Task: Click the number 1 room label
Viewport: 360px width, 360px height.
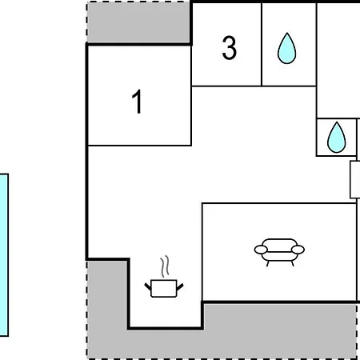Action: [x=137, y=102]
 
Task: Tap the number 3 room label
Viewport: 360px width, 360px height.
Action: [x=230, y=48]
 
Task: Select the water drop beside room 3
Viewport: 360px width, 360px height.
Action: [x=286, y=49]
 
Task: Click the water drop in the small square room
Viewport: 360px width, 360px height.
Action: [x=337, y=138]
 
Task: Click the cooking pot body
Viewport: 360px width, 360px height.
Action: [x=164, y=288]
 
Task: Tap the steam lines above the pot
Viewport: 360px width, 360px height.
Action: [x=166, y=266]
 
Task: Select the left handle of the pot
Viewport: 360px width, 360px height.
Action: [x=148, y=287]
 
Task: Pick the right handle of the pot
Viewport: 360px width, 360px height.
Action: [x=180, y=287]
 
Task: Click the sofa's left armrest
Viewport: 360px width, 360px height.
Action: [x=261, y=250]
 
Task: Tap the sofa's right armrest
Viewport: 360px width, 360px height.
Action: [x=298, y=250]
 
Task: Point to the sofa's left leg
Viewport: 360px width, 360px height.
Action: [x=267, y=263]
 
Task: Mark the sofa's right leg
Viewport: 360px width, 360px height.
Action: [x=292, y=263]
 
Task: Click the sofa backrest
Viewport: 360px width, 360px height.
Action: [x=279, y=245]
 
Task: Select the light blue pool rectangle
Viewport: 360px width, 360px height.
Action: [x=4, y=255]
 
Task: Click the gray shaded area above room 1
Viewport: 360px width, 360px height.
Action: [x=138, y=22]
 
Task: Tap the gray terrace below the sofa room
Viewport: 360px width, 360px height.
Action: [x=279, y=330]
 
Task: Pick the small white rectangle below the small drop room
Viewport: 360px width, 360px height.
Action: [x=354, y=179]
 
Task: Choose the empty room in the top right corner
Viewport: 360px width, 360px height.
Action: [x=338, y=60]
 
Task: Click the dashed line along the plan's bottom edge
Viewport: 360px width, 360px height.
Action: [x=222, y=359]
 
